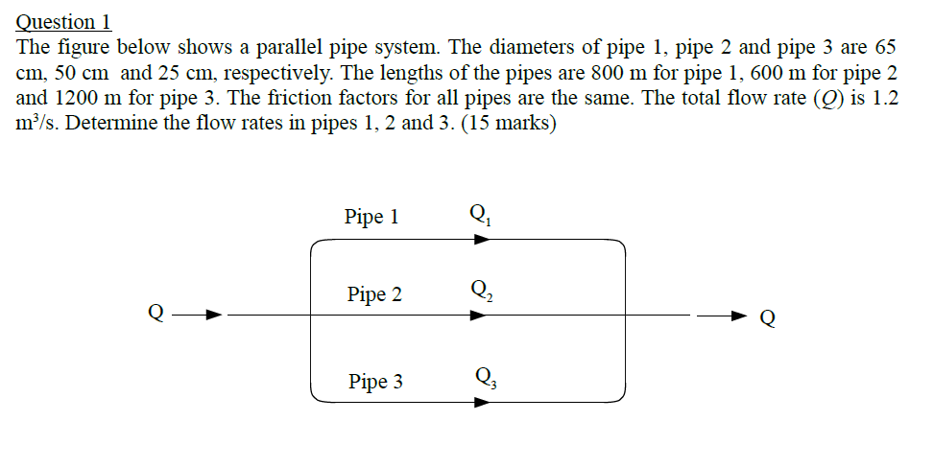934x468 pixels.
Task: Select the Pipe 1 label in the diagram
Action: (371, 217)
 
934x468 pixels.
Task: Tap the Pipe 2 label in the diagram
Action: (374, 294)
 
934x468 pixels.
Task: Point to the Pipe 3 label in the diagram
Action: (375, 383)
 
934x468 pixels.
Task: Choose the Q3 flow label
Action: (481, 377)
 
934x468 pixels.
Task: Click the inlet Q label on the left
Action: (155, 313)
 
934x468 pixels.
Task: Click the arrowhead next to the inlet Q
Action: (215, 314)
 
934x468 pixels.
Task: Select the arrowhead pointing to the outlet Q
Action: (738, 315)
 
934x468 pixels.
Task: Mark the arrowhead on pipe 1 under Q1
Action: (481, 239)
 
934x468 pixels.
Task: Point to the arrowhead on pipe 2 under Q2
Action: (479, 314)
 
